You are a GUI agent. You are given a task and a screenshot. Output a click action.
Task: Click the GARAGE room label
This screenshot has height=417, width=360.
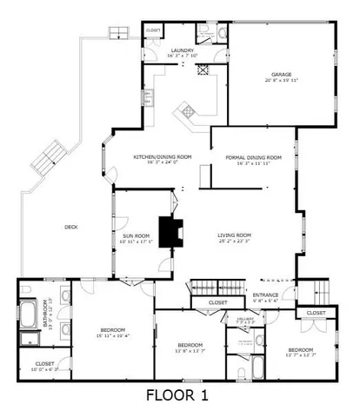(x=281, y=75)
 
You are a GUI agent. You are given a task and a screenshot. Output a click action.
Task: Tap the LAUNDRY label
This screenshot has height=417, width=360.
(x=183, y=51)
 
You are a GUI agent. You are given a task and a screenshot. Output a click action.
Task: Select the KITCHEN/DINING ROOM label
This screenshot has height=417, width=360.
(x=162, y=157)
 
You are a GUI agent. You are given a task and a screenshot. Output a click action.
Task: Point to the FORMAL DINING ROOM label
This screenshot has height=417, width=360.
(x=252, y=157)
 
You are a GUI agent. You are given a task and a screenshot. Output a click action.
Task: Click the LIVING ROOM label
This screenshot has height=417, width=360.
(x=234, y=235)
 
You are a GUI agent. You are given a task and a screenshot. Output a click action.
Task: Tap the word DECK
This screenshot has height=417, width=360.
(x=71, y=228)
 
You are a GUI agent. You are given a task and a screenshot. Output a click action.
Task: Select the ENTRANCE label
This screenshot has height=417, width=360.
(x=265, y=295)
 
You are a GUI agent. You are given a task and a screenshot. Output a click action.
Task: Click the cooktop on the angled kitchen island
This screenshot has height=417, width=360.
(x=188, y=111)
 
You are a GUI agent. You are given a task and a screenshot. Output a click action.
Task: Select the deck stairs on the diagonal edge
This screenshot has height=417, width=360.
(x=47, y=162)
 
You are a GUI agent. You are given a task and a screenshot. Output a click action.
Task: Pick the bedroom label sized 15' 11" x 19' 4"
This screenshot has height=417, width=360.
(x=112, y=330)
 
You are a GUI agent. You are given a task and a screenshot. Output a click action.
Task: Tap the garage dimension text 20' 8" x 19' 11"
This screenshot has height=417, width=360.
(x=281, y=81)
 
